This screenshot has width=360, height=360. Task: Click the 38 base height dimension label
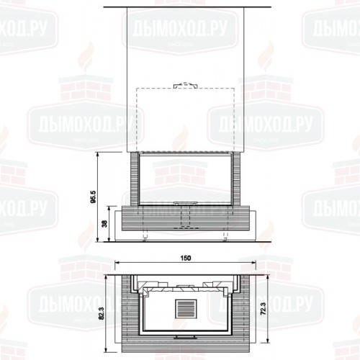(106, 224)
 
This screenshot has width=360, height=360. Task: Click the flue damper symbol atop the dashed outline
(184, 85)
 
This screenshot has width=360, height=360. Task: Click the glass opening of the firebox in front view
(184, 180)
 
